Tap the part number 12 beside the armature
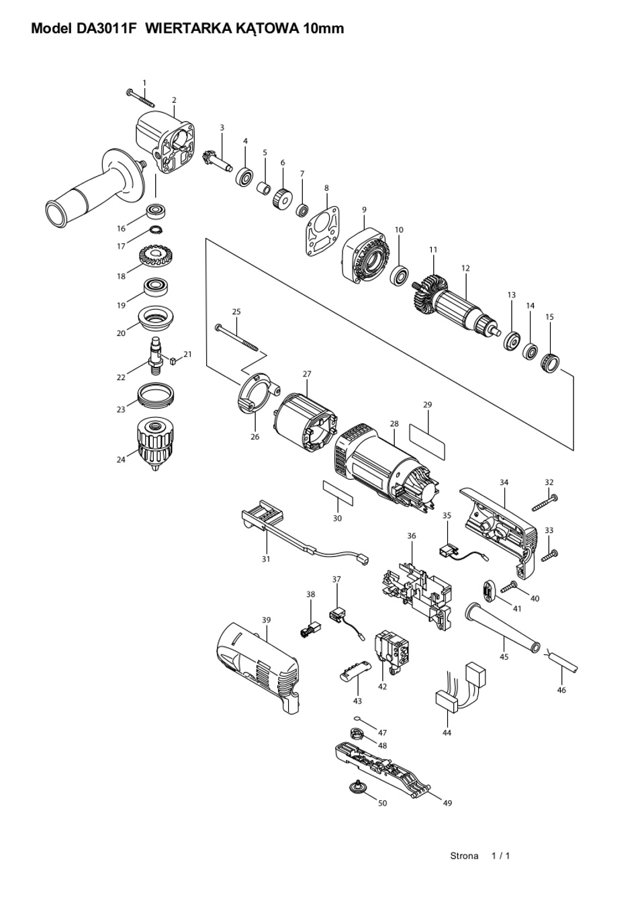click(x=466, y=268)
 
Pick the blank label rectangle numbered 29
click(x=427, y=441)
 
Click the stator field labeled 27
click(x=305, y=424)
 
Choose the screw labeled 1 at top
click(x=140, y=98)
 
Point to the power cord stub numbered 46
click(x=563, y=664)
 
